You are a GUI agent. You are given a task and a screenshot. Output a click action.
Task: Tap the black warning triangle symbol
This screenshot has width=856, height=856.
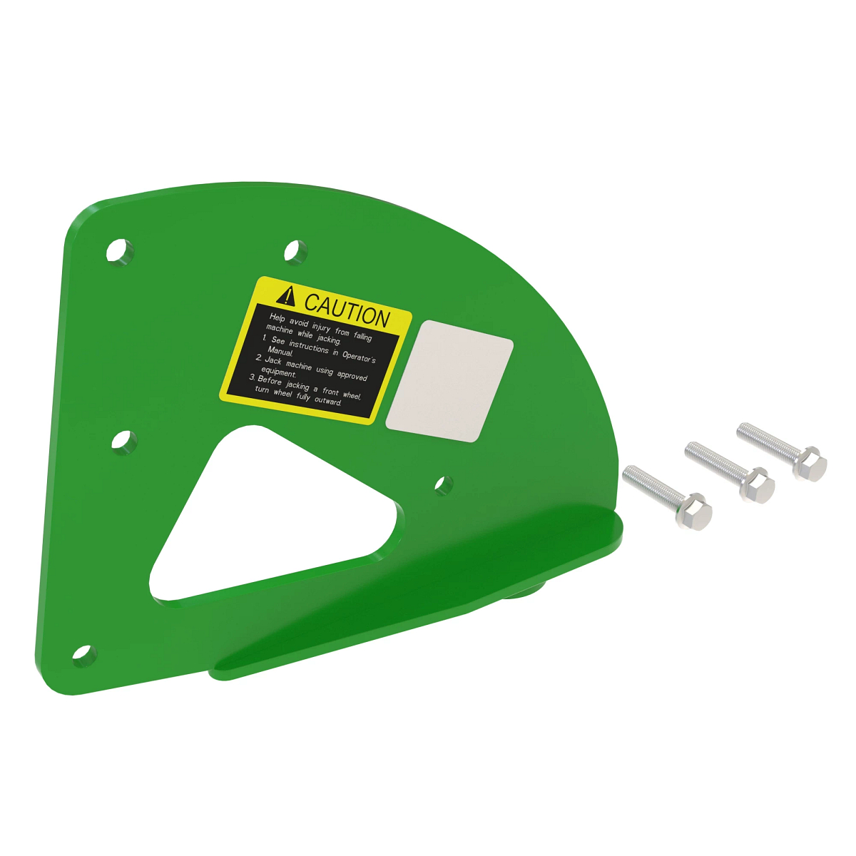tap(287, 295)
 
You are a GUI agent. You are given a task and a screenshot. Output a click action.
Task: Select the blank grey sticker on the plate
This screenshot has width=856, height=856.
tap(450, 381)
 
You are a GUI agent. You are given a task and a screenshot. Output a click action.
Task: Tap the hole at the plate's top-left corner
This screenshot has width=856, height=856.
tap(119, 251)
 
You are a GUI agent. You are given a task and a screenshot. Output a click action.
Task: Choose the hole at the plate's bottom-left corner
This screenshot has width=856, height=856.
tap(83, 655)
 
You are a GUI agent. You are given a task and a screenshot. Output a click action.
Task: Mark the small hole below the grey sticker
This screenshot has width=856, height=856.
tap(443, 486)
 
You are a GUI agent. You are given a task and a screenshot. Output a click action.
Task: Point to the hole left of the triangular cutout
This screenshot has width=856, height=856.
tap(124, 442)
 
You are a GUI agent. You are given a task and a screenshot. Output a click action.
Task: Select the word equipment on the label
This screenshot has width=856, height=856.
tap(278, 372)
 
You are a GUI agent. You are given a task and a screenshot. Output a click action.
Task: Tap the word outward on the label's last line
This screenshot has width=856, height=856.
tap(328, 401)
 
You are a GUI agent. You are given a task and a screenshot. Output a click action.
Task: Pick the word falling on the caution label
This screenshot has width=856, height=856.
tap(363, 336)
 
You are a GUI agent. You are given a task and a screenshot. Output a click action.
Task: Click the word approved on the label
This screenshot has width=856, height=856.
tap(352, 375)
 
